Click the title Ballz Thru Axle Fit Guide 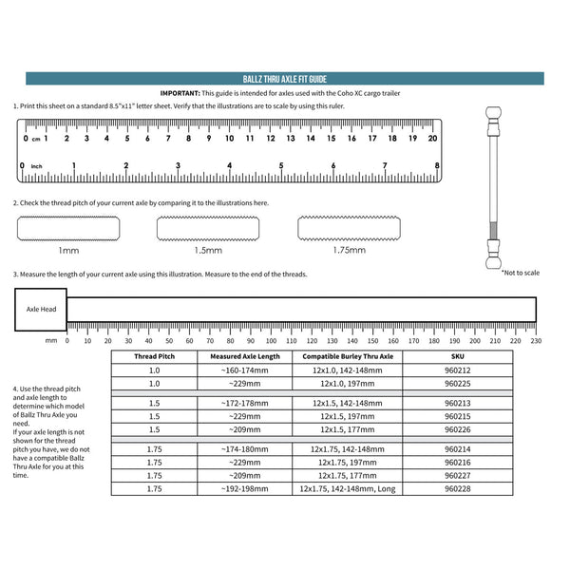point(284,80)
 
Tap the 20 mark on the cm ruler point(432,138)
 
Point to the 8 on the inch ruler point(436,165)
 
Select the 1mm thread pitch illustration point(68,229)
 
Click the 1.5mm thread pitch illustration point(207,229)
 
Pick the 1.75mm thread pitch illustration point(349,229)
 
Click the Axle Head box point(41,311)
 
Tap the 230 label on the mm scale point(536,340)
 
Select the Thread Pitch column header point(154,356)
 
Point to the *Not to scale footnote point(520,273)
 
